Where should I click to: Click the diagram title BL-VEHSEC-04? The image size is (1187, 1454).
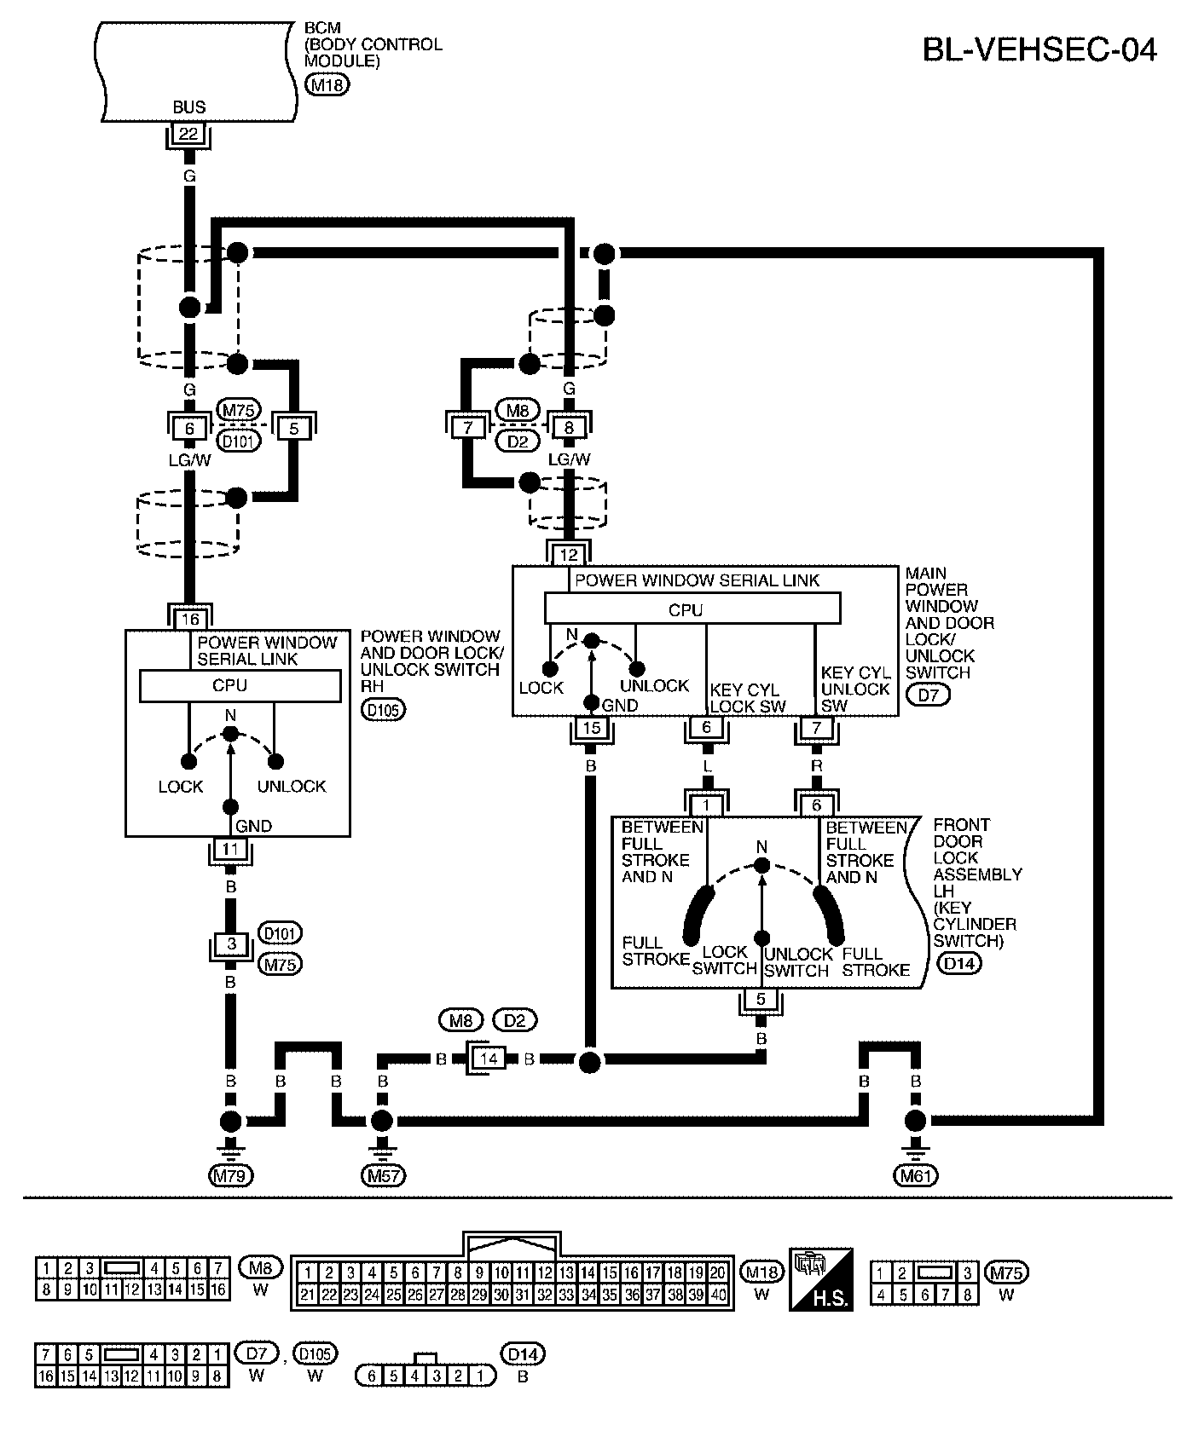coord(1039,50)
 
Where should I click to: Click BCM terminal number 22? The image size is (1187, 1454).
coord(188,134)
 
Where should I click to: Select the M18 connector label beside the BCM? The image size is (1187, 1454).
coord(327,84)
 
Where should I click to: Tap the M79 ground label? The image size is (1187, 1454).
coord(231,1176)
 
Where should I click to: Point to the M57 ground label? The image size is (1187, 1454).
coord(383,1176)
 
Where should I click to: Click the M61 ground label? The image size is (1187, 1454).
coord(916,1176)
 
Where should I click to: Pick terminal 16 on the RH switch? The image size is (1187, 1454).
coord(189,619)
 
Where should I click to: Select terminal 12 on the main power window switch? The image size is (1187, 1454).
coord(569,556)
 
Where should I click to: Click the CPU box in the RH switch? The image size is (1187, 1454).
coord(230,686)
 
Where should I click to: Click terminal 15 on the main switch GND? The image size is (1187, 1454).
coord(591,729)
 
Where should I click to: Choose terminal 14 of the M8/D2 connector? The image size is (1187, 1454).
coord(489,1059)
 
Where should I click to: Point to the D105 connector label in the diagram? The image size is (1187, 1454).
coord(383,709)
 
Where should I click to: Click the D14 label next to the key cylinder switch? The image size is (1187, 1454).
coord(958,964)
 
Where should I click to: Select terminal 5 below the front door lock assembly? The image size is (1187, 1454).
coord(761,999)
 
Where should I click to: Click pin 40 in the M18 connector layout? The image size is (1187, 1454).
coord(718,1295)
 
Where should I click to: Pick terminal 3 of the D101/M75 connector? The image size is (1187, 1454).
coord(231,944)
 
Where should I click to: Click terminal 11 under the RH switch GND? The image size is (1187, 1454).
coord(230,850)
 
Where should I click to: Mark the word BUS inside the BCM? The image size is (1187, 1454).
coord(188,107)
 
